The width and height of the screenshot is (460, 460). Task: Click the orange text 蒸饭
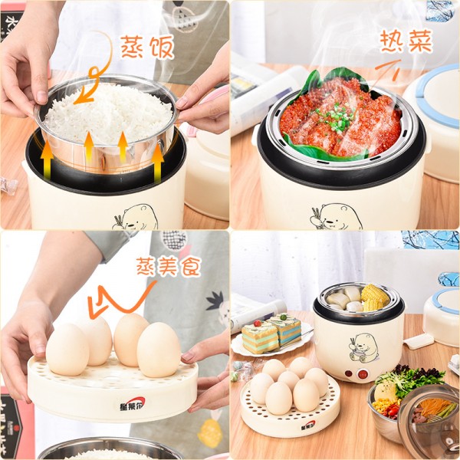click(147, 46)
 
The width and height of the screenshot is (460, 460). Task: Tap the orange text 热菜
click(406, 41)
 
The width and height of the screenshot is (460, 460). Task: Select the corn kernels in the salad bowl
click(383, 405)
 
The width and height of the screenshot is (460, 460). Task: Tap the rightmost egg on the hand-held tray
click(159, 349)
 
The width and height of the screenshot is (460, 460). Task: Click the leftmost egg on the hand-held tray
click(67, 350)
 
